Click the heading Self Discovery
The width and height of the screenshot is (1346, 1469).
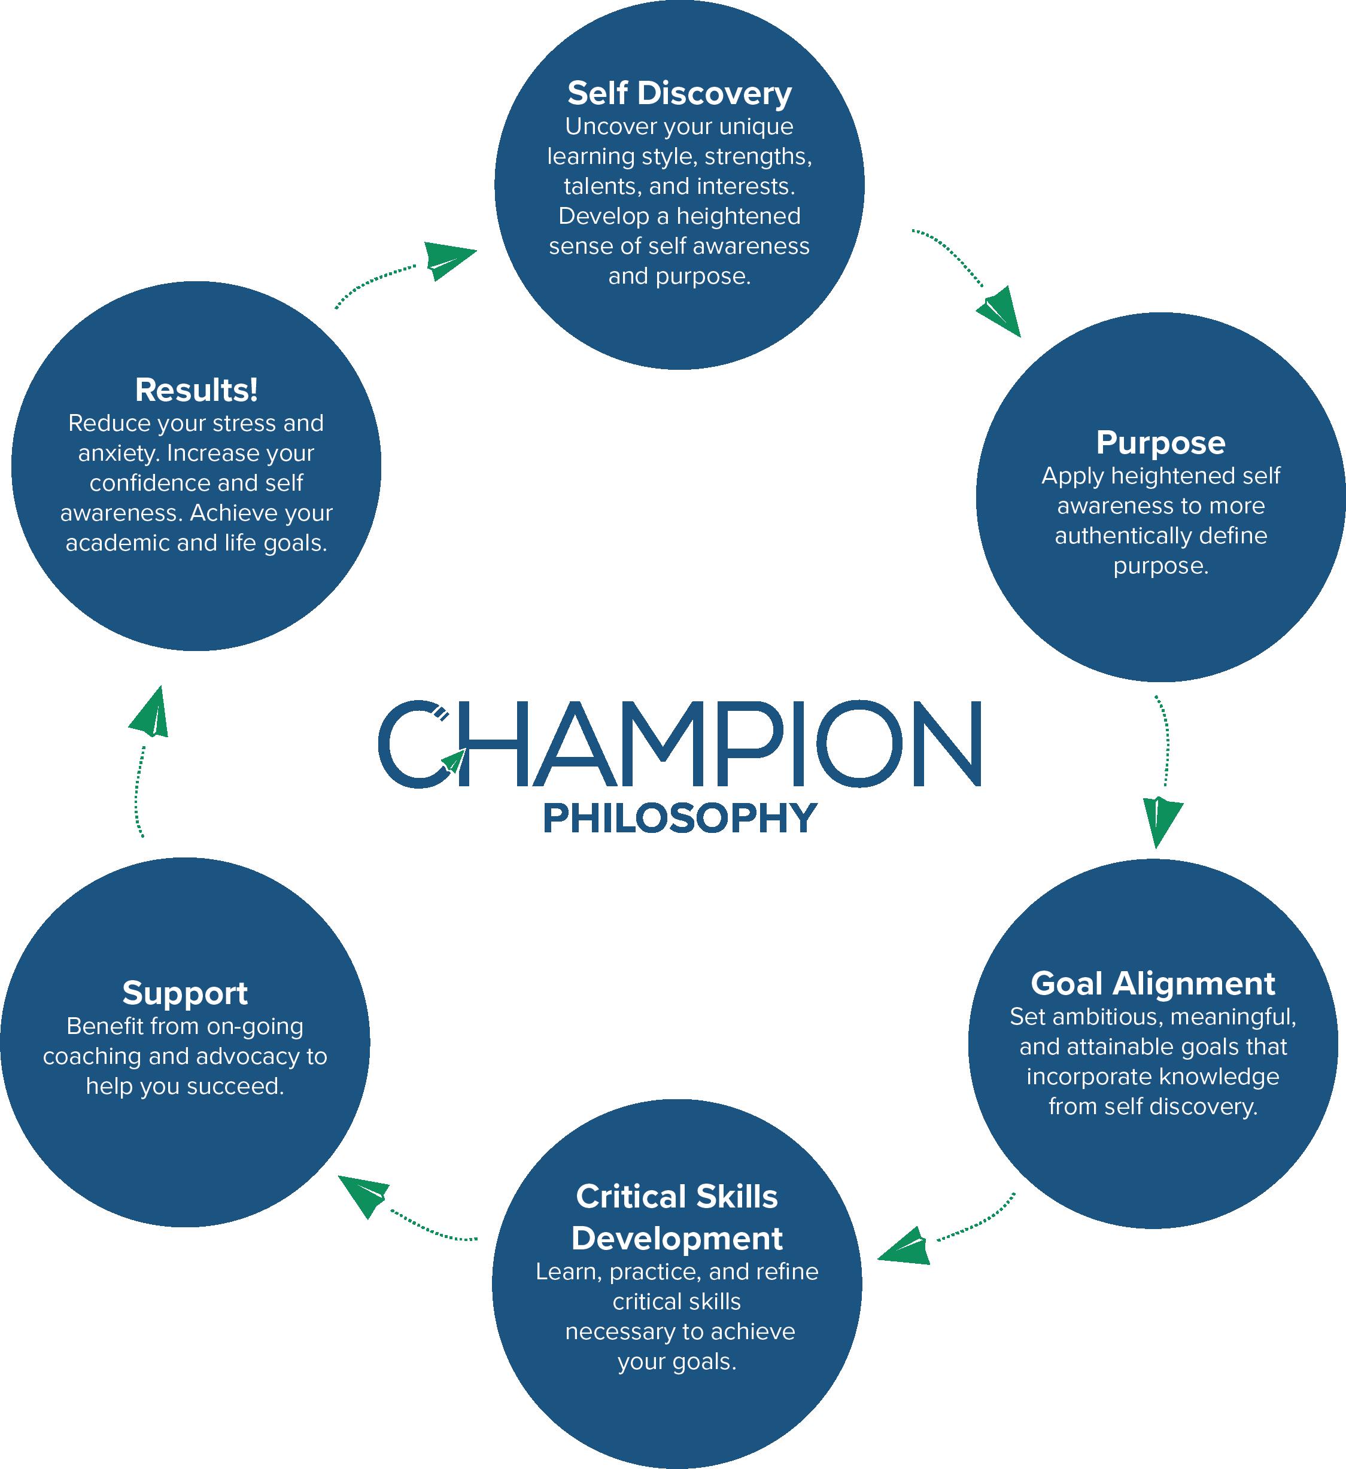pyautogui.click(x=679, y=94)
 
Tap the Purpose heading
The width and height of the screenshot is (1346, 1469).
pyautogui.click(x=1160, y=443)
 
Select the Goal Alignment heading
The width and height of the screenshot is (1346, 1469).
pyautogui.click(x=1153, y=984)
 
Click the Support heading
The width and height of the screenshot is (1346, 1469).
pyautogui.click(x=185, y=993)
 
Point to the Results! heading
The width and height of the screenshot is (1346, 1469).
pyautogui.click(x=196, y=391)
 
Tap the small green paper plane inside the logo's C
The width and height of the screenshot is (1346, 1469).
pyautogui.click(x=452, y=761)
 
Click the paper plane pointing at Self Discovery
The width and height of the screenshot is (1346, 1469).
pyautogui.click(x=446, y=258)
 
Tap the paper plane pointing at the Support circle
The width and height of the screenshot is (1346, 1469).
pyautogui.click(x=364, y=1195)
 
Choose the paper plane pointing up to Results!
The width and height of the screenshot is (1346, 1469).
pyautogui.click(x=150, y=713)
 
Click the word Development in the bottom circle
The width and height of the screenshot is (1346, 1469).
pyautogui.click(x=677, y=1239)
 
